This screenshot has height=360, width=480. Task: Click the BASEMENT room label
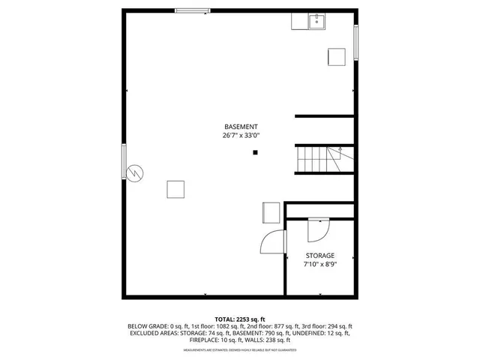click(x=241, y=127)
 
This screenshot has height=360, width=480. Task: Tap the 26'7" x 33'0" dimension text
click(x=241, y=136)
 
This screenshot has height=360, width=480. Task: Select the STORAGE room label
click(x=319, y=256)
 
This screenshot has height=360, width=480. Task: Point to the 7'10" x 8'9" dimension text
click(x=319, y=265)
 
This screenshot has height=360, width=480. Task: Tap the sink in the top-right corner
click(x=318, y=21)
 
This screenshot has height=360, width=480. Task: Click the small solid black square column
click(x=255, y=153)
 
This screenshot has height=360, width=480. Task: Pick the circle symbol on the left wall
click(x=135, y=172)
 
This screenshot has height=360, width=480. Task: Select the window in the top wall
click(x=193, y=10)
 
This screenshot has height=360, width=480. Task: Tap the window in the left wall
click(x=124, y=160)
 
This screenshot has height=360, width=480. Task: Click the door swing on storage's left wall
click(x=273, y=242)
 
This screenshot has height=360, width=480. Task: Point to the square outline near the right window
click(x=336, y=57)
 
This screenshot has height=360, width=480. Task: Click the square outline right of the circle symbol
click(x=176, y=189)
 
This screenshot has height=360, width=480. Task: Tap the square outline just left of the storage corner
click(x=271, y=212)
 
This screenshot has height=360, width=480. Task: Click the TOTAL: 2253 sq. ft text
click(x=240, y=319)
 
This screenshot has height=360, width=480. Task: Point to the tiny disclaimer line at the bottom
click(x=240, y=349)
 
